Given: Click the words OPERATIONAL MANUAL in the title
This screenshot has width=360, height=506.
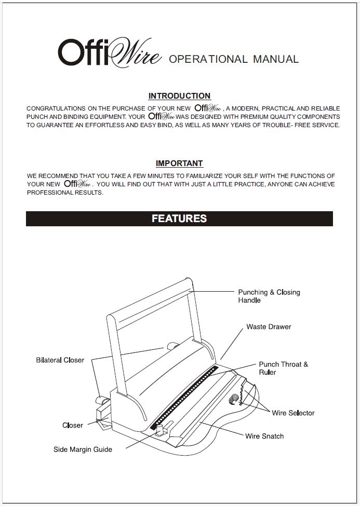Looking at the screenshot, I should click(234, 59).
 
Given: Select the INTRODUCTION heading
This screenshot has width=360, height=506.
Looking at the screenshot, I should click(179, 96).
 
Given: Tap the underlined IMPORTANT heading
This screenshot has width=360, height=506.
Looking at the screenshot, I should click(179, 163).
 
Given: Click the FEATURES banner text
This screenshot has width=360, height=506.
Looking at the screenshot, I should click(179, 218).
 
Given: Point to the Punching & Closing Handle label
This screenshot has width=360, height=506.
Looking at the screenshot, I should click(269, 296).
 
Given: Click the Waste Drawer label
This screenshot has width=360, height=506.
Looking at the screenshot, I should click(269, 327).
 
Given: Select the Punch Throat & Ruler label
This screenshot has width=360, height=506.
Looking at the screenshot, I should click(283, 368).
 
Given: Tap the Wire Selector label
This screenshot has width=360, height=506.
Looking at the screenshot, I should click(293, 413).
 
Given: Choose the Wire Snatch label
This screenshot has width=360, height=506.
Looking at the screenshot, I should click(264, 436).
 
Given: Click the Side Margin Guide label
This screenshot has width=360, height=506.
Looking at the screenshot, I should click(83, 449).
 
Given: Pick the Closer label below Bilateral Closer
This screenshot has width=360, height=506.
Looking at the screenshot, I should click(73, 426).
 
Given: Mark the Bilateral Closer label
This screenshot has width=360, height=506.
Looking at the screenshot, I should click(60, 360).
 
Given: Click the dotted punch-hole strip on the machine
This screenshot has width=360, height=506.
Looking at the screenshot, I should click(184, 397).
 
